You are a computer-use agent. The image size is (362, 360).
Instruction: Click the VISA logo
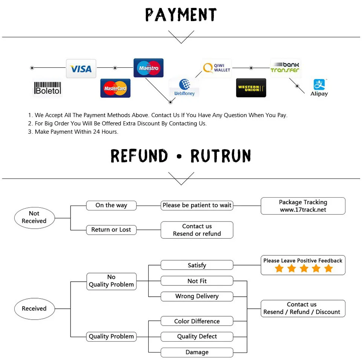(x=81, y=69)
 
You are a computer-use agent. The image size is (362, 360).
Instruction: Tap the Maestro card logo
(x=149, y=68)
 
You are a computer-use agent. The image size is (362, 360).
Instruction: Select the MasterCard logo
(x=115, y=88)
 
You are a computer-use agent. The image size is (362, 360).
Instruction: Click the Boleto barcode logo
(x=48, y=88)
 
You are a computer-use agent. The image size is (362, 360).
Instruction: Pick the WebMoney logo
(x=184, y=87)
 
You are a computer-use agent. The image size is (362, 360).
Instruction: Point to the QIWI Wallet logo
(x=216, y=68)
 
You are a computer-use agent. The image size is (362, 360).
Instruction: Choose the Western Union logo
(x=251, y=88)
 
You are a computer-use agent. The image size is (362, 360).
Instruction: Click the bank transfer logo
(x=285, y=68)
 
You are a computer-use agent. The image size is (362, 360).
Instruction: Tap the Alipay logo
(x=319, y=88)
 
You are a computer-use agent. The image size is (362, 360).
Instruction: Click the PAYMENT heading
(x=181, y=15)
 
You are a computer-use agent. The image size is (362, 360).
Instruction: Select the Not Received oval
(x=34, y=218)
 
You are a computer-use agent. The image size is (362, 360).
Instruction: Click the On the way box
(x=111, y=205)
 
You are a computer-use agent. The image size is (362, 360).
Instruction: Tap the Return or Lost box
(x=111, y=230)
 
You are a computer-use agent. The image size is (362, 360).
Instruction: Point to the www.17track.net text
(x=303, y=210)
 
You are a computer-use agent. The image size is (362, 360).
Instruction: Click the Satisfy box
(x=197, y=265)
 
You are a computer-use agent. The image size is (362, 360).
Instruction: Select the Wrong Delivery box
(x=197, y=296)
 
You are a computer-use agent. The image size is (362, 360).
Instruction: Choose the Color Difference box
(x=197, y=321)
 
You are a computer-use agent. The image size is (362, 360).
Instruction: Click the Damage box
(x=197, y=352)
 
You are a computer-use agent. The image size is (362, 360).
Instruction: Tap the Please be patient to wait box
(x=197, y=205)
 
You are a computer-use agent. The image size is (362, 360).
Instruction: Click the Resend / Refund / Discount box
(x=303, y=308)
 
